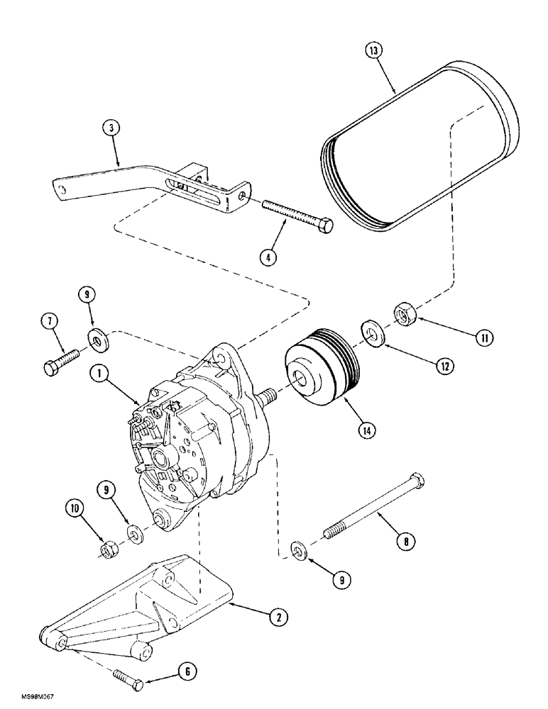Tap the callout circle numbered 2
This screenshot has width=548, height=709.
click(x=278, y=618)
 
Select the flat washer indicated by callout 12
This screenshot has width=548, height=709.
click(x=371, y=331)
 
